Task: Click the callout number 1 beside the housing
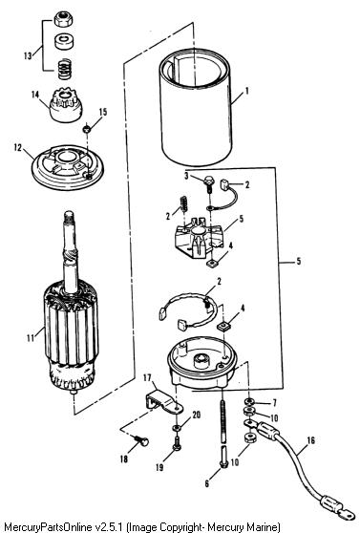point(247,91)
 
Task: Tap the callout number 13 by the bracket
point(29,55)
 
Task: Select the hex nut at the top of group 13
point(64,19)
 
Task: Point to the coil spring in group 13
point(64,69)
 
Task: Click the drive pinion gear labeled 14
point(66,105)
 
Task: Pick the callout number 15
point(103,112)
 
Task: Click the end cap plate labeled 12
point(68,167)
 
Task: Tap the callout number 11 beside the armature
point(31,338)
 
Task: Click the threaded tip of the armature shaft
point(69,216)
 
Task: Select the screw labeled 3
point(208,184)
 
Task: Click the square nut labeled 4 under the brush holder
point(212,263)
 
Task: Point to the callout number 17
point(147,377)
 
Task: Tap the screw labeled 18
point(141,440)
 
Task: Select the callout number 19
point(159,467)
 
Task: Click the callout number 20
point(197,415)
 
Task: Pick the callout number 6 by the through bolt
point(207,483)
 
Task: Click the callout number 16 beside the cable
point(310,440)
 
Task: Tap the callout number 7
point(274,403)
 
